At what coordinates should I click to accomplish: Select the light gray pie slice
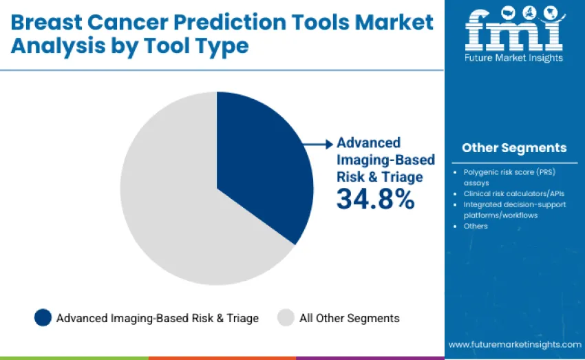click(x=172, y=207)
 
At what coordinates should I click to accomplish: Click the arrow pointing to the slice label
click(x=319, y=144)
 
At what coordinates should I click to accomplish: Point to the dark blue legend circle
click(x=43, y=317)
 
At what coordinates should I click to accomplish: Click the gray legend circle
click(x=286, y=317)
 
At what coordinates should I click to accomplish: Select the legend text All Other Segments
click(x=349, y=318)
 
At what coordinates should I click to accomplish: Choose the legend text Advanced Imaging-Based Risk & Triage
click(x=158, y=318)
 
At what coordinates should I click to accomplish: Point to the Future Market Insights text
click(x=514, y=58)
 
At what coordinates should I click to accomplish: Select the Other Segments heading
click(x=514, y=147)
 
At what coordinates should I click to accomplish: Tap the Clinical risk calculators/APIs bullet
click(x=509, y=194)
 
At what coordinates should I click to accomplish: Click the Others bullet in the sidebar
click(x=476, y=226)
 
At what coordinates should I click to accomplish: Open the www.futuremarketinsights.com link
click(x=515, y=343)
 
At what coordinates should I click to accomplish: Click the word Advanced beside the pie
click(x=368, y=142)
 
